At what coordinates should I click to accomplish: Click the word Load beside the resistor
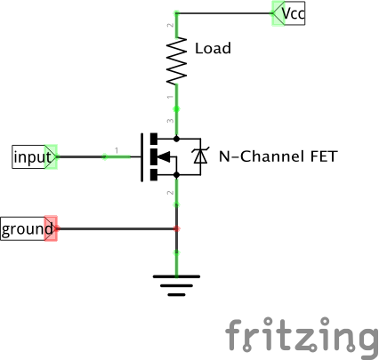(212, 48)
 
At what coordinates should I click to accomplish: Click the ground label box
(25, 229)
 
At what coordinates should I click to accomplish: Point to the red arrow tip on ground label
(52, 229)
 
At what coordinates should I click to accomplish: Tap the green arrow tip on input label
(52, 157)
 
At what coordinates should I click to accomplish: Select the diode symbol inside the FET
(200, 157)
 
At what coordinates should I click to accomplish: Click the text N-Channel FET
(277, 157)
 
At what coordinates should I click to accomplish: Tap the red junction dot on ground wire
(177, 229)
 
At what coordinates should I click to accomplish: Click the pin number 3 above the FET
(170, 121)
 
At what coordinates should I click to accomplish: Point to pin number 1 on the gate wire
(117, 149)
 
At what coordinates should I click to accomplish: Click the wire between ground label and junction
(116, 229)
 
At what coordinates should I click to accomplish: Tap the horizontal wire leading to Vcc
(222, 13)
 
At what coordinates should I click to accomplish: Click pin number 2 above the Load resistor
(170, 26)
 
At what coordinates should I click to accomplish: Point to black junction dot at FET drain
(177, 140)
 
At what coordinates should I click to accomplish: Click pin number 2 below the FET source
(170, 192)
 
